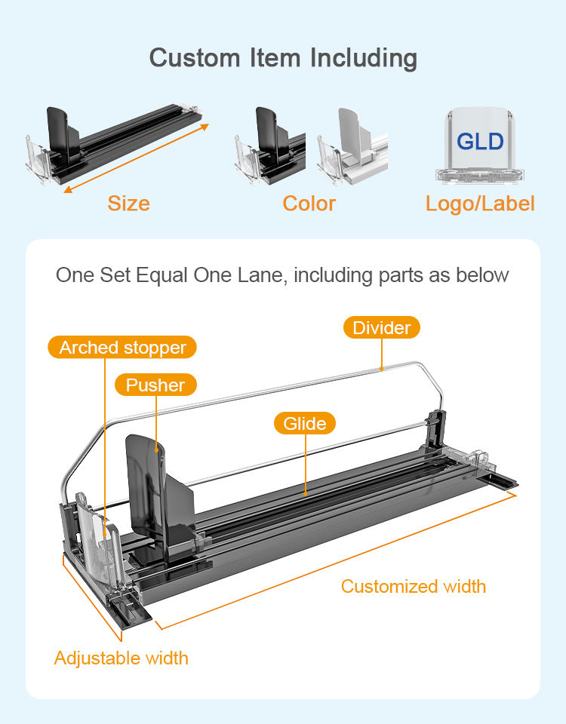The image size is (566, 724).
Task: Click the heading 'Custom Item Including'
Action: (283, 58)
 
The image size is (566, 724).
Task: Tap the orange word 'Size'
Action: (128, 204)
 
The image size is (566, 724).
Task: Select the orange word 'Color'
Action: (309, 204)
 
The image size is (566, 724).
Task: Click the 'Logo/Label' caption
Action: (480, 204)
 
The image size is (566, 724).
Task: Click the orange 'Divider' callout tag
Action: (382, 327)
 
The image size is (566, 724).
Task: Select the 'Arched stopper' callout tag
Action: (122, 348)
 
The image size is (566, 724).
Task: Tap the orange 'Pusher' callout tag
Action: (155, 385)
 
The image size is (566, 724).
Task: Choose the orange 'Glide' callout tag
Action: (305, 423)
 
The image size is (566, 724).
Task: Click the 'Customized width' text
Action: (414, 587)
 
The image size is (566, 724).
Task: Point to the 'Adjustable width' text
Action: (122, 658)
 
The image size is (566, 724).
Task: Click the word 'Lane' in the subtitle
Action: (257, 275)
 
